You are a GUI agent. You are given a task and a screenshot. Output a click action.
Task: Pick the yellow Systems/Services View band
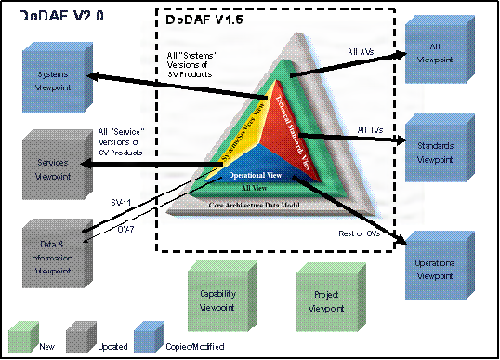pos(238,140)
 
